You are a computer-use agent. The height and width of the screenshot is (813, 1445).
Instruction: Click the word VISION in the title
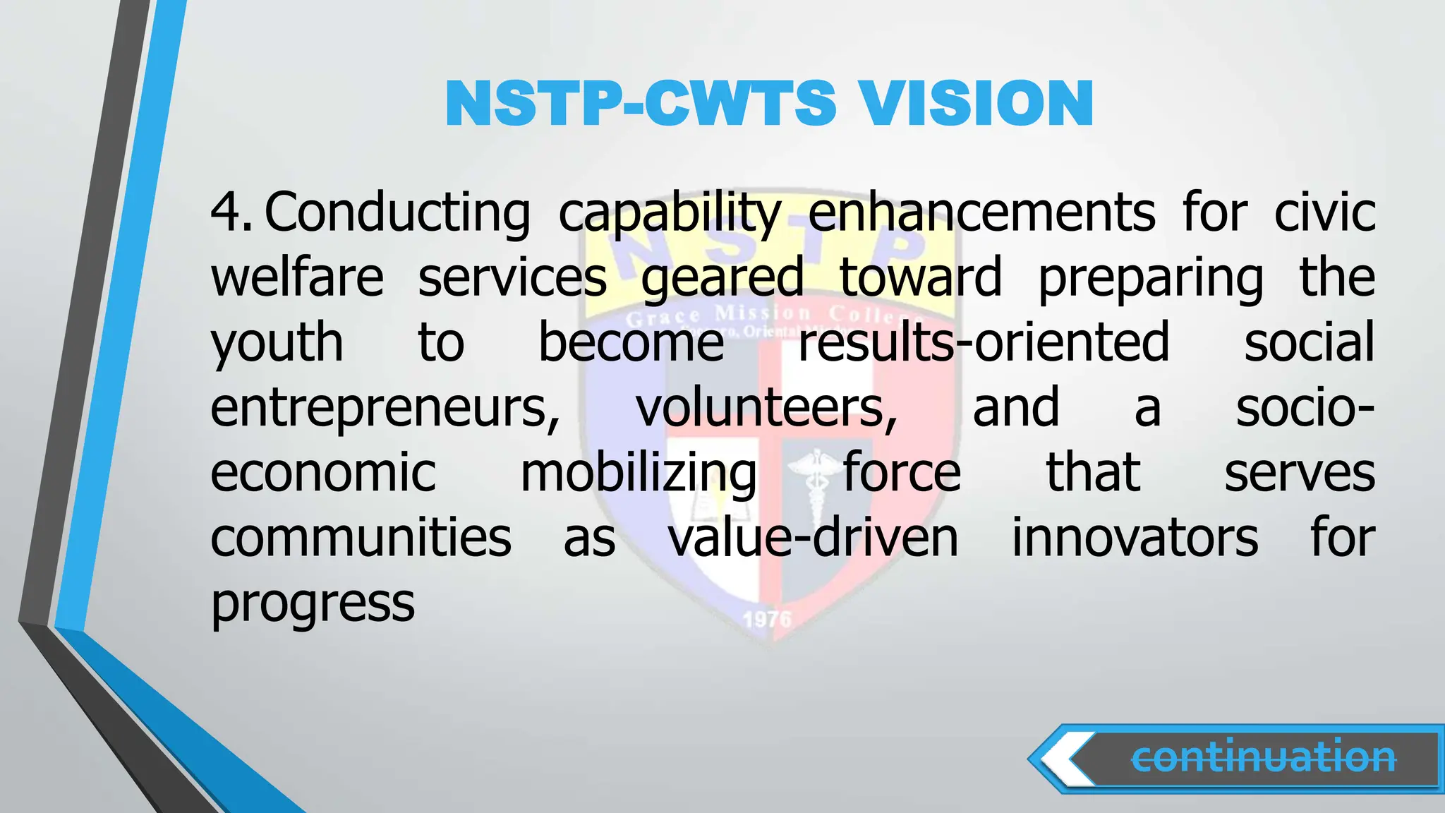click(x=977, y=103)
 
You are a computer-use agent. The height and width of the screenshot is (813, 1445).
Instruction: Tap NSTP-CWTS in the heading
click(x=641, y=103)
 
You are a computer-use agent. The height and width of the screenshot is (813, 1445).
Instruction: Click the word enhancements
click(x=981, y=212)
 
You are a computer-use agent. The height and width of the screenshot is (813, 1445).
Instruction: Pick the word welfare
click(x=297, y=277)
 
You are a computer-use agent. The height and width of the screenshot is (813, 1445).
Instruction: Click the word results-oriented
click(x=984, y=342)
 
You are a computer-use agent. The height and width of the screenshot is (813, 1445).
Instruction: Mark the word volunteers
click(x=767, y=408)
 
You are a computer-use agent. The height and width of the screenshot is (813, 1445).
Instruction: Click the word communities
click(x=361, y=538)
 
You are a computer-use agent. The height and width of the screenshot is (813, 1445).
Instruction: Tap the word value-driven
click(x=814, y=538)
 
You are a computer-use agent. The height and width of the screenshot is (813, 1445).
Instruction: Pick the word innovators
click(x=1135, y=538)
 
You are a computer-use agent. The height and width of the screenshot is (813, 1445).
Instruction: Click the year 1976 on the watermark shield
click(x=767, y=620)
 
